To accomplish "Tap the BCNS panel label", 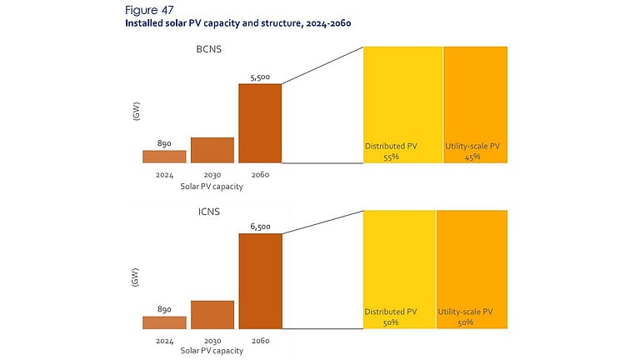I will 202,52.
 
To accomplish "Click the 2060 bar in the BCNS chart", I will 260,122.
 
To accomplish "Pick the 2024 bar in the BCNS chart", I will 164,156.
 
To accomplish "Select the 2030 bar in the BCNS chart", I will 212,149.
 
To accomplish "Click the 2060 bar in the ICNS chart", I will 260,281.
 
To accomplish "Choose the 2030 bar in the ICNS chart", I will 212,314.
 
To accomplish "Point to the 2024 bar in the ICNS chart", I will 164,322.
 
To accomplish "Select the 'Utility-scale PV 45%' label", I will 472,151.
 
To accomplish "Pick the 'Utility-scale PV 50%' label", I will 466,317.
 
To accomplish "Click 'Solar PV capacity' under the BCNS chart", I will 212,187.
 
